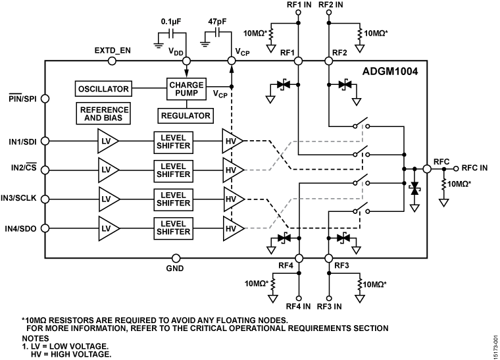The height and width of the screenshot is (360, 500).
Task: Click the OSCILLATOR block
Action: pyautogui.click(x=103, y=88)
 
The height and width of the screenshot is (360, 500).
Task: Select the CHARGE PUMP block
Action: pyautogui.click(x=186, y=89)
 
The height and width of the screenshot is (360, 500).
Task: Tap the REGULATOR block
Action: pyautogui.click(x=186, y=115)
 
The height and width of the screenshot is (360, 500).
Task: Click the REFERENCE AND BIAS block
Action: pyautogui.click(x=103, y=113)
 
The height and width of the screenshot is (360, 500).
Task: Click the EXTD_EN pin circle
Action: pyautogui.click(x=112, y=61)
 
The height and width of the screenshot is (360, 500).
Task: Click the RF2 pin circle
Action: pyautogui.click(x=327, y=61)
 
